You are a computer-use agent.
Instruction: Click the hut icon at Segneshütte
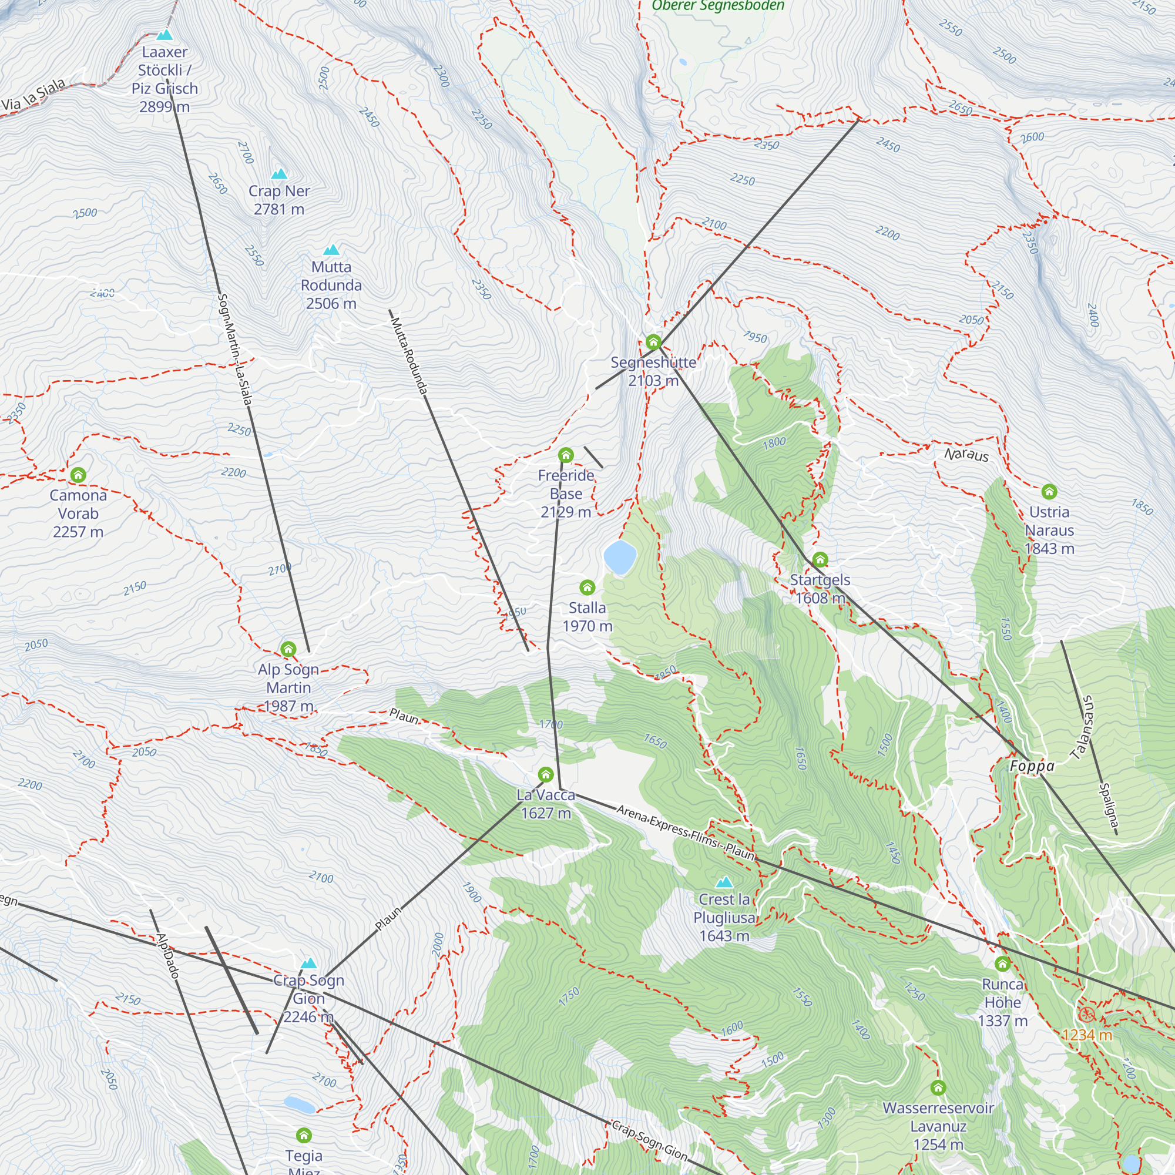click(x=653, y=342)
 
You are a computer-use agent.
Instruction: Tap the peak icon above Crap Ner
click(x=279, y=174)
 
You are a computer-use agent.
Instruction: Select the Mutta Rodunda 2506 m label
click(x=331, y=286)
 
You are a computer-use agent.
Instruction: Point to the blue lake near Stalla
click(x=620, y=557)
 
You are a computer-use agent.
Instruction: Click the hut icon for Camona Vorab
click(x=78, y=474)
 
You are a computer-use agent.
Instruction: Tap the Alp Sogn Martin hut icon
click(x=288, y=649)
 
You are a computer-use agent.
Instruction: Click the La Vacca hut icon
click(x=546, y=774)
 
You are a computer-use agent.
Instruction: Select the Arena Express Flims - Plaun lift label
click(x=685, y=831)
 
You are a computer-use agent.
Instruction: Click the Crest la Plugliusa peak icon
click(x=724, y=882)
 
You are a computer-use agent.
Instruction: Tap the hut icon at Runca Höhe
click(x=1002, y=963)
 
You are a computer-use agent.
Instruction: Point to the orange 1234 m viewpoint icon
click(x=1086, y=1014)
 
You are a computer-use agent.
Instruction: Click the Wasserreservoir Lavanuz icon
click(x=938, y=1087)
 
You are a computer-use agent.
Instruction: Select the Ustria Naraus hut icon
click(x=1049, y=491)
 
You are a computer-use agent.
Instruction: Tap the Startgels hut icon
click(x=820, y=559)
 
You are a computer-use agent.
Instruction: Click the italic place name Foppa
click(x=1032, y=766)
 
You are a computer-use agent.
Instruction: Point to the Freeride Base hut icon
click(x=566, y=455)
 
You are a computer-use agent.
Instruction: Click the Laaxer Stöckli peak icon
click(x=165, y=35)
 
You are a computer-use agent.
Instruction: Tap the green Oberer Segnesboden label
click(x=718, y=6)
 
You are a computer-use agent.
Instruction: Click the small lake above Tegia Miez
click(x=299, y=1104)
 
